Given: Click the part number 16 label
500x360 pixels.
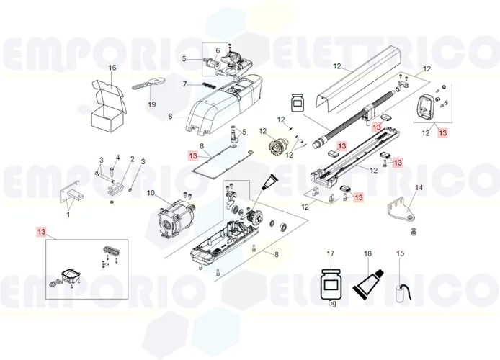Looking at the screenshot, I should pos(112,68).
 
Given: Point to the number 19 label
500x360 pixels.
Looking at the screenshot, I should pos(152,104).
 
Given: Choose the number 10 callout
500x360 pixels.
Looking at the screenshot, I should pos(151,193).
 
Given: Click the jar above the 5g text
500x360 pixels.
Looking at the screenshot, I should pos(331,282).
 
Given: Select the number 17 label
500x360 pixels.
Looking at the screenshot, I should pos(331,253).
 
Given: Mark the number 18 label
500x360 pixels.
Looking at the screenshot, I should pos(367,253).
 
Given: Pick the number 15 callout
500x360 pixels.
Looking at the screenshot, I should pos(401,253).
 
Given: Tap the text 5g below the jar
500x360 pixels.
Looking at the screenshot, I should pos(331,304).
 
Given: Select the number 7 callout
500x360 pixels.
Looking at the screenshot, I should pos(184,84).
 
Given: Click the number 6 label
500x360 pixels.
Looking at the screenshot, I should pos(218,50).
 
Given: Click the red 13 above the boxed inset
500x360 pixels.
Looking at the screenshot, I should pos(41,231).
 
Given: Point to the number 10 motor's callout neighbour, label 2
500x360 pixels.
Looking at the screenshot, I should pos(132,159).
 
